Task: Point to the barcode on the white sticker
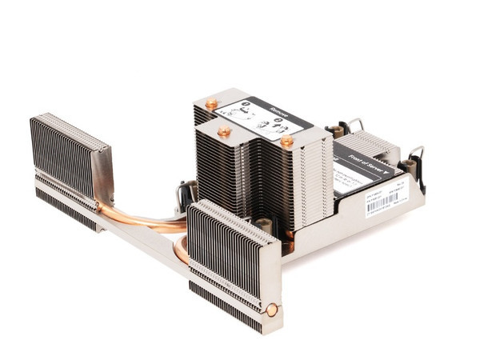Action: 382,204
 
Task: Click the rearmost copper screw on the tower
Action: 211,103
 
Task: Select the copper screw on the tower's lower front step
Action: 225,130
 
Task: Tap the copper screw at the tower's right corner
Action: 286,141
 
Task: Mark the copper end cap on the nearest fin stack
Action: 273,310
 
